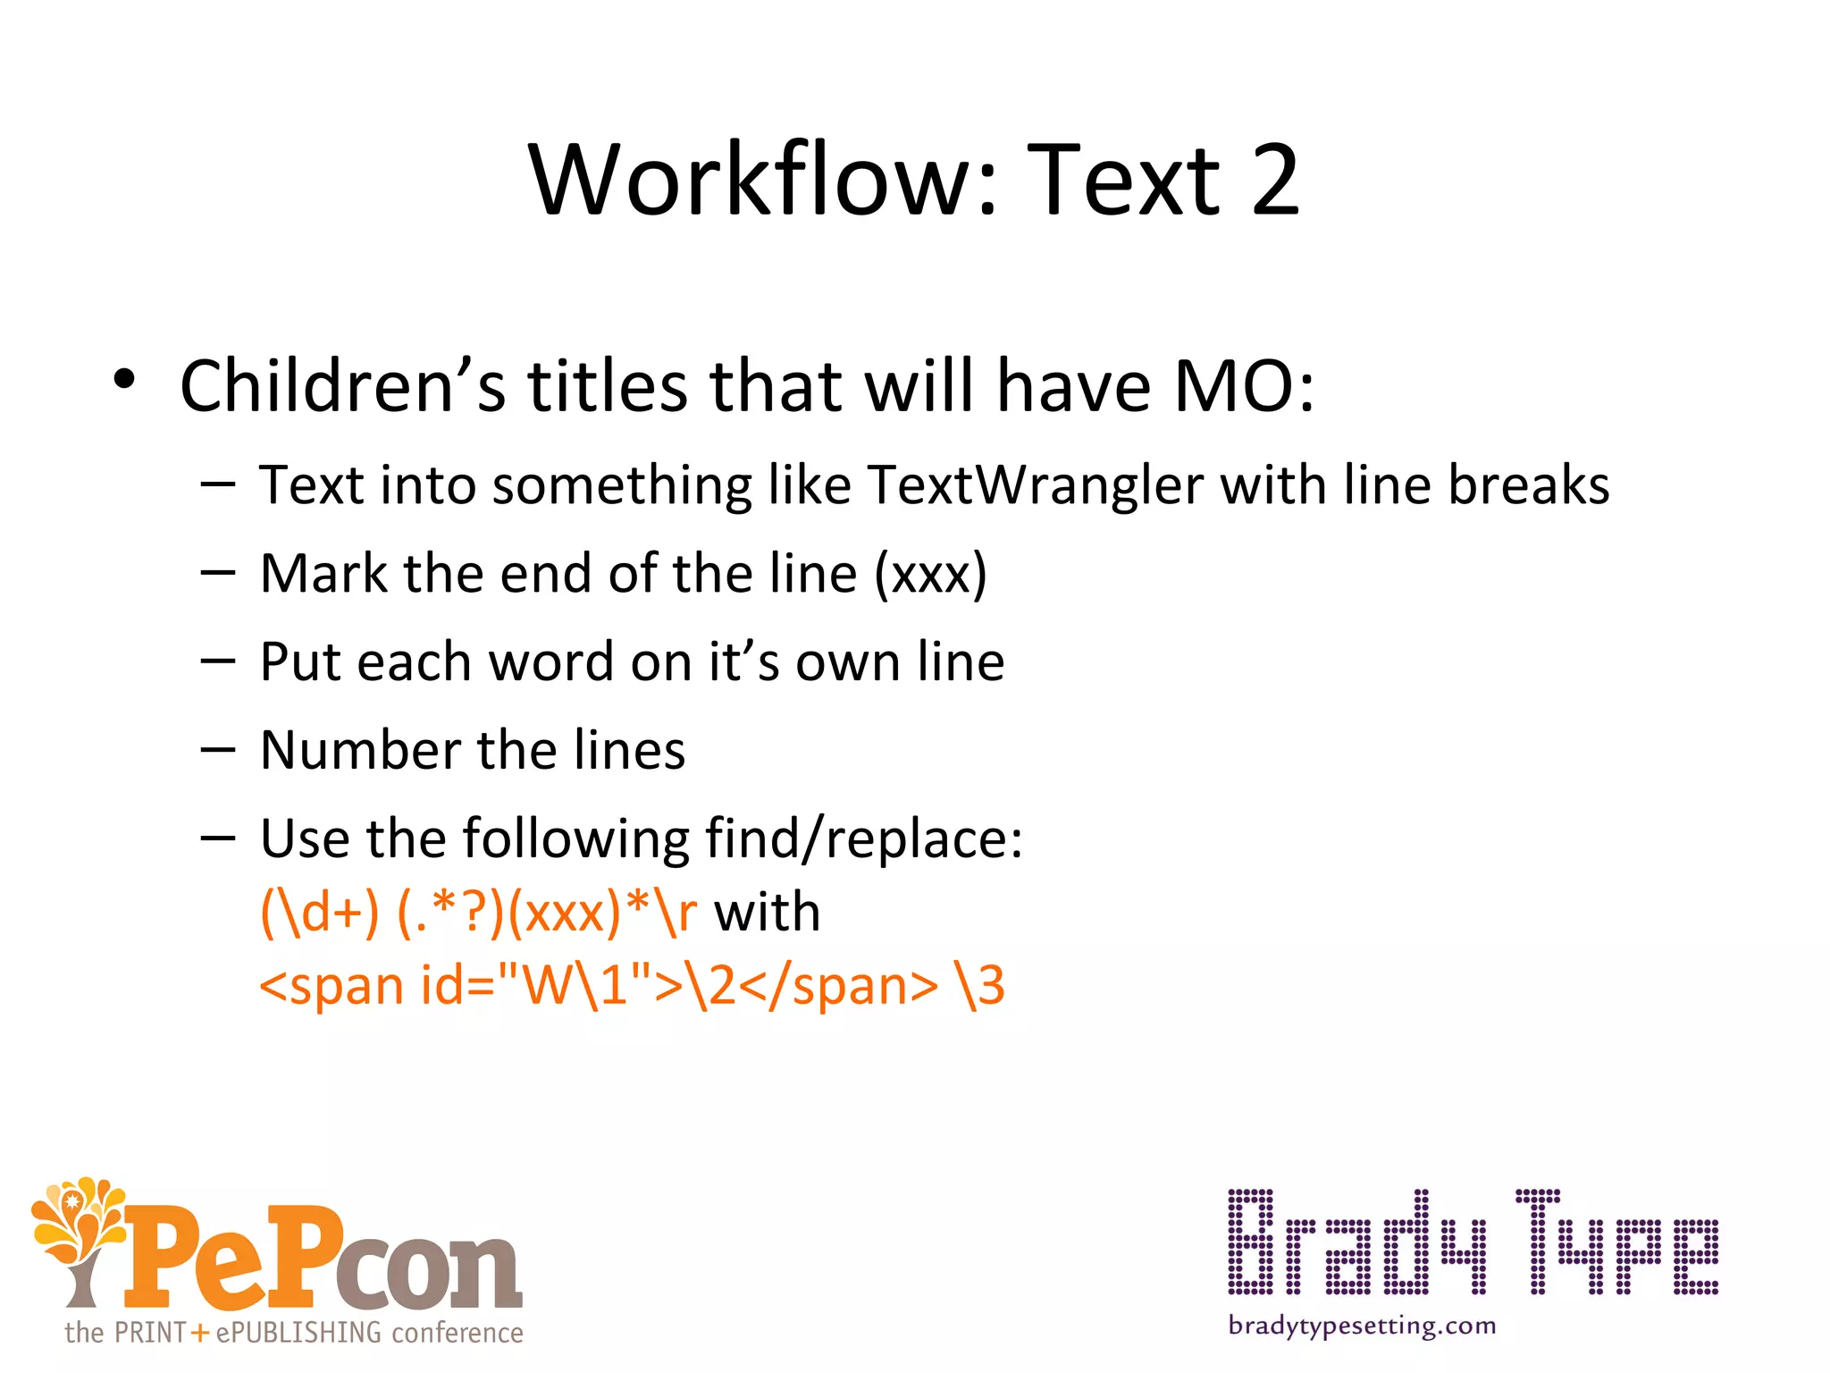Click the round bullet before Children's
pyautogui.click(x=124, y=380)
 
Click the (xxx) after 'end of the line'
pyautogui.click(x=930, y=574)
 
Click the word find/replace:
pyautogui.click(x=863, y=839)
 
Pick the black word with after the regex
pyautogui.click(x=767, y=913)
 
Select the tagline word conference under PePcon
pyautogui.click(x=457, y=1333)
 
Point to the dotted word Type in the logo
pyautogui.click(x=1616, y=1243)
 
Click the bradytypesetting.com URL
pyautogui.click(x=1362, y=1326)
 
